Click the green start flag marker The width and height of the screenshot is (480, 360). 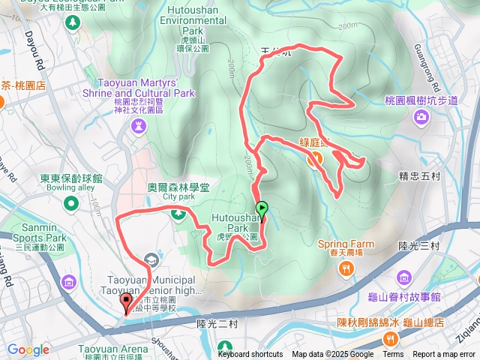click(262, 208)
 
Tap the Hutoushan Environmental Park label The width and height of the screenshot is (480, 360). click(193, 21)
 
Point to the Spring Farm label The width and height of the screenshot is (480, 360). click(346, 244)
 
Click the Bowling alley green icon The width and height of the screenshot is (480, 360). click(71, 203)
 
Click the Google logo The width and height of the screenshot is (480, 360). click(28, 349)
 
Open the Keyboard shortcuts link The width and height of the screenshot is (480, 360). click(250, 355)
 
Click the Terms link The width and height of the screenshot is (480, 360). click(393, 355)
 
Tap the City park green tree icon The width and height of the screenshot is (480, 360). click(178, 214)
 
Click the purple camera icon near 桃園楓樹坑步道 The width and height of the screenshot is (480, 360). click(421, 116)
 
